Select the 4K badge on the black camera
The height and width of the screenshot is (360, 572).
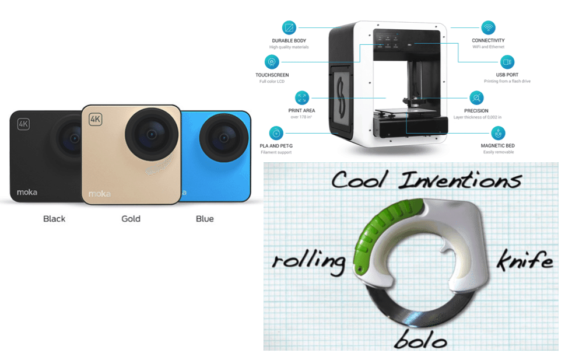(24, 124)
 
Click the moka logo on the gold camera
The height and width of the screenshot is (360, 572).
(100, 193)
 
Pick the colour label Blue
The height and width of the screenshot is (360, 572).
(205, 219)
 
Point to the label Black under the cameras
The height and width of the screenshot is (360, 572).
(54, 219)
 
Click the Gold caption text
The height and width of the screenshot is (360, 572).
(130, 219)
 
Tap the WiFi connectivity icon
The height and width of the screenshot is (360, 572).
(487, 27)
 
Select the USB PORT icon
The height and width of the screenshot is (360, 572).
(507, 62)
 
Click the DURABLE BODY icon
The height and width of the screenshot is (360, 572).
(289, 27)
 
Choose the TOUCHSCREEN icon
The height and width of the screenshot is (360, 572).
(272, 62)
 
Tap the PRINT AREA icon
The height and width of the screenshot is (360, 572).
(301, 97)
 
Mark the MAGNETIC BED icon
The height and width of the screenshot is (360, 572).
(497, 132)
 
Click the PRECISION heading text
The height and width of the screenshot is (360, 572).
(476, 110)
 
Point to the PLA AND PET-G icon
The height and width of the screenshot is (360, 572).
(276, 132)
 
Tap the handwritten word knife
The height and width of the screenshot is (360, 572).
(523, 260)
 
